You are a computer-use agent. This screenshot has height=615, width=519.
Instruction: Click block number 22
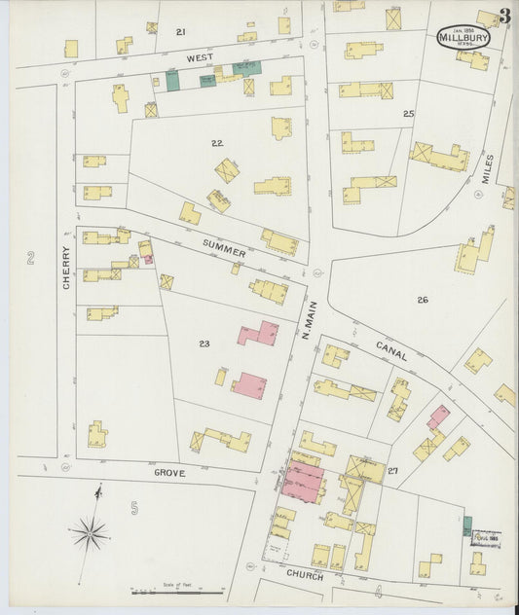coord(217,142)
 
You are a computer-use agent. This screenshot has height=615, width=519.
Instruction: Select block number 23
coord(204,344)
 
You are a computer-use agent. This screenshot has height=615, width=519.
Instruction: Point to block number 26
coord(423,300)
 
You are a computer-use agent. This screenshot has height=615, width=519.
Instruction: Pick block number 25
coord(408,114)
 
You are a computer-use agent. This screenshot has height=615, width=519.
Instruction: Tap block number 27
coord(392,472)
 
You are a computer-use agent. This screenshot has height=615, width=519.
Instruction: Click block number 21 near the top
coord(181,32)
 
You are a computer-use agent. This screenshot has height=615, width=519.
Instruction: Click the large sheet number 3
coord(504,16)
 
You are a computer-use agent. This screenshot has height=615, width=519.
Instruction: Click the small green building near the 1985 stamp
coord(466,525)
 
